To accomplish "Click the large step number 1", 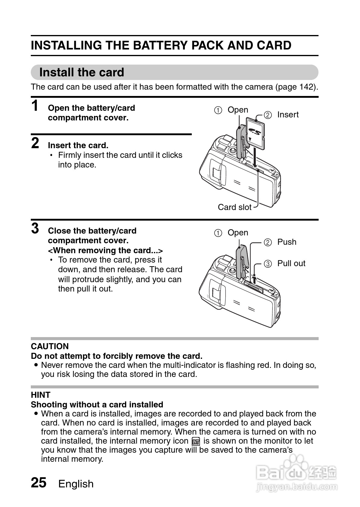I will pyautogui.click(x=35, y=106).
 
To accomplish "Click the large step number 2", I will pyautogui.click(x=35, y=143).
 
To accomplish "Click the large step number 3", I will pyautogui.click(x=35, y=228).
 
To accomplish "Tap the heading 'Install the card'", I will pyautogui.click(x=82, y=72).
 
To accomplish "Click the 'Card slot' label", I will pyautogui.click(x=234, y=207).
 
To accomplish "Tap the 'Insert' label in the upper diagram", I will pyautogui.click(x=288, y=115).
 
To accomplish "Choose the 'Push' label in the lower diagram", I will pyautogui.click(x=287, y=242).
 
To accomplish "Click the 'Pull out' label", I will pyautogui.click(x=291, y=263).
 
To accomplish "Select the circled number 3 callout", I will pyautogui.click(x=268, y=264).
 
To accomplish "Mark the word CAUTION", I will pyautogui.click(x=50, y=346).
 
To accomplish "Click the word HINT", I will pyautogui.click(x=40, y=395).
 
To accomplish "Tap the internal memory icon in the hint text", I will pyautogui.click(x=196, y=442).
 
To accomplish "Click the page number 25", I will pyautogui.click(x=39, y=483).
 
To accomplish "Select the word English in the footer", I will pyautogui.click(x=76, y=484).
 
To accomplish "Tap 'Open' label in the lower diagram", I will pyautogui.click(x=238, y=233).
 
